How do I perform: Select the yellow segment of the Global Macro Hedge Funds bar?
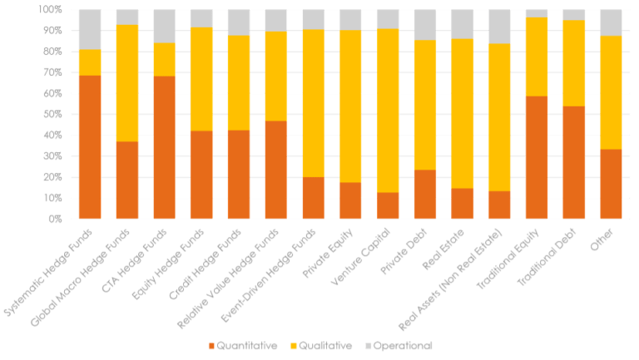pos(127,83)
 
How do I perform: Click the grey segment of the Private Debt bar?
pos(425,25)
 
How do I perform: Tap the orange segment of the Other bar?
pos(612,184)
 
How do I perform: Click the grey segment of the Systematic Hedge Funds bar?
pos(89,30)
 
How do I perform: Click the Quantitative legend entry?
pos(241,345)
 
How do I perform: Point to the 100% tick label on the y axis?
pos(51,10)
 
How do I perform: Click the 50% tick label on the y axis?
pos(52,115)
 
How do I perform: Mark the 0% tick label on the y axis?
pos(55,219)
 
